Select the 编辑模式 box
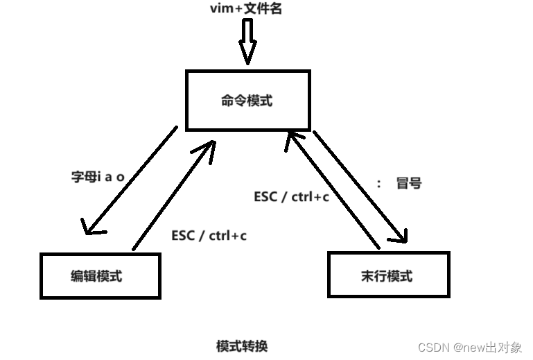[100, 275]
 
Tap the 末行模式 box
[388, 275]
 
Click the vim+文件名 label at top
[246, 9]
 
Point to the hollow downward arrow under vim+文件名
[247, 42]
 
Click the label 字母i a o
[97, 177]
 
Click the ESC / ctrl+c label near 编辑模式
[209, 236]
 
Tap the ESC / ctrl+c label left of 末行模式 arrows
[291, 196]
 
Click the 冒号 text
[408, 184]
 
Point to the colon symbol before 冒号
[379, 185]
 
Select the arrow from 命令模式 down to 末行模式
[359, 186]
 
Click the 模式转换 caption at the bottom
[241, 345]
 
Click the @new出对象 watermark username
[486, 347]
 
